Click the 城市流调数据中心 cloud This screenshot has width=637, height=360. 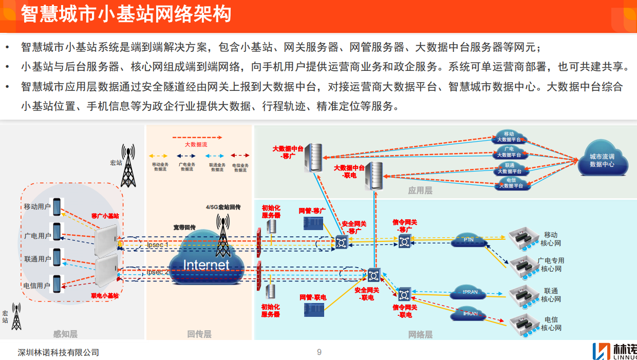click(x=602, y=161)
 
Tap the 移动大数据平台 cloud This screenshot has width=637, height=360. click(x=509, y=136)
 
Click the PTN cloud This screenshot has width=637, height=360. click(x=469, y=240)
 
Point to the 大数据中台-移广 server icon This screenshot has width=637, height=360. click(x=313, y=157)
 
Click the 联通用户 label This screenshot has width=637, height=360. click(x=37, y=259)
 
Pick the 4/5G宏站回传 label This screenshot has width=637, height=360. click(x=223, y=207)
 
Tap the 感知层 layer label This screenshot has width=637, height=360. click(x=66, y=334)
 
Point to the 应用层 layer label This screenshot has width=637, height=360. click(x=420, y=191)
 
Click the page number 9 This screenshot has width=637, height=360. click(x=319, y=352)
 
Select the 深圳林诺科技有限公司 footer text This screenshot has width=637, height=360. click(x=58, y=352)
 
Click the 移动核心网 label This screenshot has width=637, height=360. click(x=551, y=239)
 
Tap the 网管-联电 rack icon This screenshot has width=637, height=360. click(x=313, y=309)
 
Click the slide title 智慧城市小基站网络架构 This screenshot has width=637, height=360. click(x=126, y=14)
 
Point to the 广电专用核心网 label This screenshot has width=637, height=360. click(x=551, y=264)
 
